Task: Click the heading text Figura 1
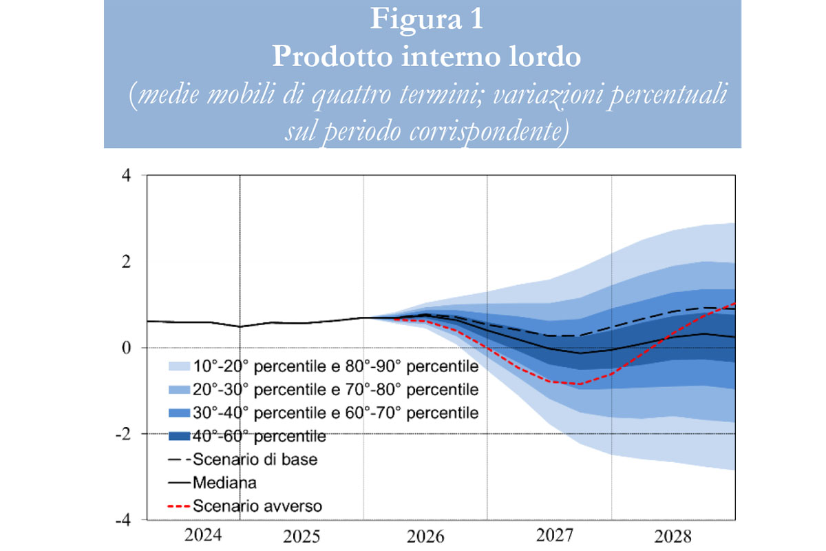[x=426, y=19]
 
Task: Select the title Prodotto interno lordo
[x=426, y=56]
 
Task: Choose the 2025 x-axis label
[x=301, y=535]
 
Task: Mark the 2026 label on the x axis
[x=425, y=535]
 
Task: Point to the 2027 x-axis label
[x=549, y=535]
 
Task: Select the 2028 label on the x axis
[x=673, y=535]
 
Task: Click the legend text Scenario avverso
[x=258, y=506]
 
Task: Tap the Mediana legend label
[x=225, y=482]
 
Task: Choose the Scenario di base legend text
[x=255, y=459]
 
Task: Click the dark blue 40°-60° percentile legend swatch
[x=178, y=436]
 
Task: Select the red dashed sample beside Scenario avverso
[x=178, y=506]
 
